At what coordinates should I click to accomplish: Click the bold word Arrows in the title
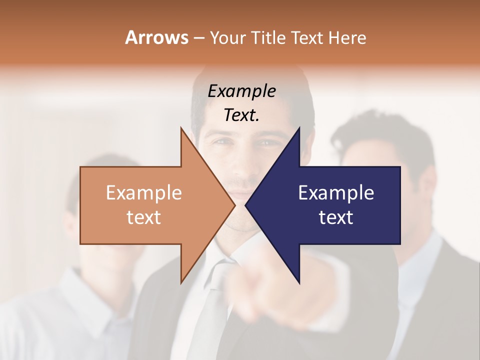click(x=156, y=37)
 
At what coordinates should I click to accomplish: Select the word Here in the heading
click(x=347, y=37)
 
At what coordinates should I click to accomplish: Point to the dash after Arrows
click(x=198, y=38)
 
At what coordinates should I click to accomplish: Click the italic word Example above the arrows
click(x=241, y=91)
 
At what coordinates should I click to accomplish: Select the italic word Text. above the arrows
click(x=241, y=115)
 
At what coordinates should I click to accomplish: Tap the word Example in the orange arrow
click(x=143, y=192)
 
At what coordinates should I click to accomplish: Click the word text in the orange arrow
click(x=143, y=217)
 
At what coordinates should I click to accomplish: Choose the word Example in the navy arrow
click(x=336, y=192)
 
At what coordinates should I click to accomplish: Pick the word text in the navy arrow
click(x=336, y=217)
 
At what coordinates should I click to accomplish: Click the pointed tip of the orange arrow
click(x=235, y=205)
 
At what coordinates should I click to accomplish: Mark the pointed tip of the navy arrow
click(x=245, y=205)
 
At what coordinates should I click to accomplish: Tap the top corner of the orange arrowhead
click(x=181, y=128)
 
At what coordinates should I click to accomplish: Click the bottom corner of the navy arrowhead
click(x=299, y=283)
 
